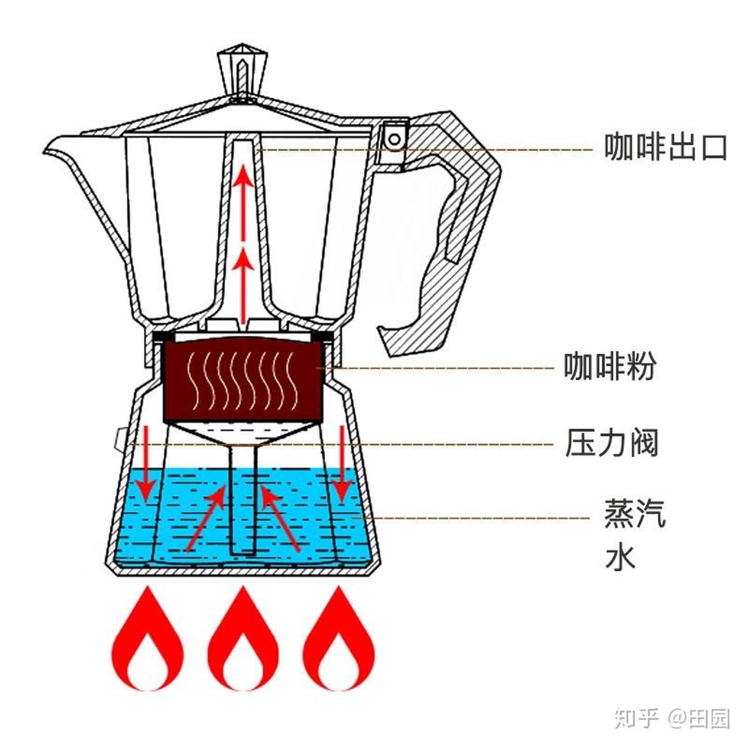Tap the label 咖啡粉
(x=610, y=367)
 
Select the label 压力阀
(x=612, y=443)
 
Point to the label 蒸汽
(x=634, y=513)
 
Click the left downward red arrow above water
(x=147, y=463)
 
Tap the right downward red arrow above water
(x=342, y=463)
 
